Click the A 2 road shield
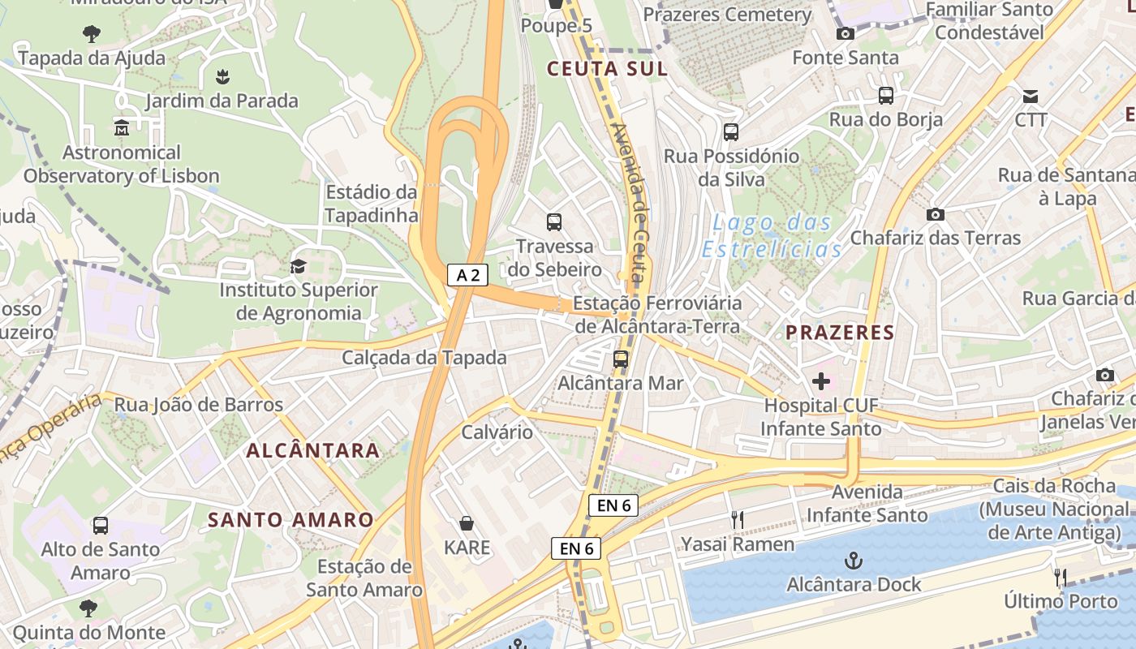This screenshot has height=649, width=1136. click(x=467, y=275)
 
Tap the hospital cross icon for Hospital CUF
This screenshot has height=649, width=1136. click(x=821, y=380)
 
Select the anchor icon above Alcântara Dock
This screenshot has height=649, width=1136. click(x=853, y=560)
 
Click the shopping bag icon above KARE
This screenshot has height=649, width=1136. click(x=467, y=523)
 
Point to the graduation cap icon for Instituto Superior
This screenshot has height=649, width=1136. click(x=299, y=266)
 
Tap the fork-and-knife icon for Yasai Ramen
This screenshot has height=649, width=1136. click(x=738, y=520)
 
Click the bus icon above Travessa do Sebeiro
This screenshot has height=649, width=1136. click(x=554, y=222)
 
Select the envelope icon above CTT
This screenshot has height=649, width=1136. click(x=1031, y=96)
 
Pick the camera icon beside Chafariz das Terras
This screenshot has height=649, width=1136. click(x=936, y=215)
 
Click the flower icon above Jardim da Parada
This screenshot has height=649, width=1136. click(x=222, y=77)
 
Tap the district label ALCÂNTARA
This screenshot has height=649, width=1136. click(x=312, y=450)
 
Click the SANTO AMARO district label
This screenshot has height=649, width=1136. click(x=290, y=520)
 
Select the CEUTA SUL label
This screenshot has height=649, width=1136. click(x=607, y=69)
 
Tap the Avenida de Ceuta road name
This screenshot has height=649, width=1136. click(x=630, y=203)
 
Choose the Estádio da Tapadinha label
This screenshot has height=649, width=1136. click(x=372, y=204)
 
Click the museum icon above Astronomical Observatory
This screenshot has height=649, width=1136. click(x=122, y=128)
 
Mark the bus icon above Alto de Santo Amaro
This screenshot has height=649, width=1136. click(x=101, y=526)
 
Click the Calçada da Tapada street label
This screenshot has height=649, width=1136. click(x=424, y=358)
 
